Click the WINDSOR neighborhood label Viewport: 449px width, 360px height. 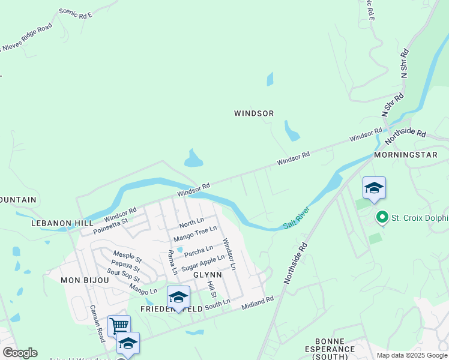[254, 113]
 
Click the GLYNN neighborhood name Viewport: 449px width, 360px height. [208, 275]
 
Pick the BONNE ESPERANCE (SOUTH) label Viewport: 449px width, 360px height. [331, 352]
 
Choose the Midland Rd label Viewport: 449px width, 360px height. [258, 302]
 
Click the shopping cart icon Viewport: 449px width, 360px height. [119, 325]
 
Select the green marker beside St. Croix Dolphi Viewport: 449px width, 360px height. [381, 217]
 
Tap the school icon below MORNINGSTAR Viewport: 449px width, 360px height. [374, 188]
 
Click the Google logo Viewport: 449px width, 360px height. [20, 353]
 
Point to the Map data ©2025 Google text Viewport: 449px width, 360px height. [412, 355]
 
